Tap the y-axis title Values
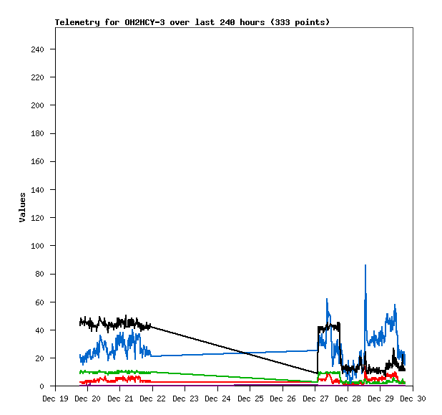click(22, 207)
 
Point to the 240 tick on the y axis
click(37, 49)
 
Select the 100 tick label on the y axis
click(37, 246)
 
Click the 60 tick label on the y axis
click(40, 302)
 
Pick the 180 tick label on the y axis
click(37, 133)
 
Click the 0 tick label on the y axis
click(42, 386)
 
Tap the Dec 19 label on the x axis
click(55, 399)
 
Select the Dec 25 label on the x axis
click(250, 399)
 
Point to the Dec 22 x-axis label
click(152, 399)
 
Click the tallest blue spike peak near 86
click(365, 266)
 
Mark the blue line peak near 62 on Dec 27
click(327, 300)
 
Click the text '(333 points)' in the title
click(302, 22)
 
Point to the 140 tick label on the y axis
click(37, 190)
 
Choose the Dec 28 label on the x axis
click(348, 399)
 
